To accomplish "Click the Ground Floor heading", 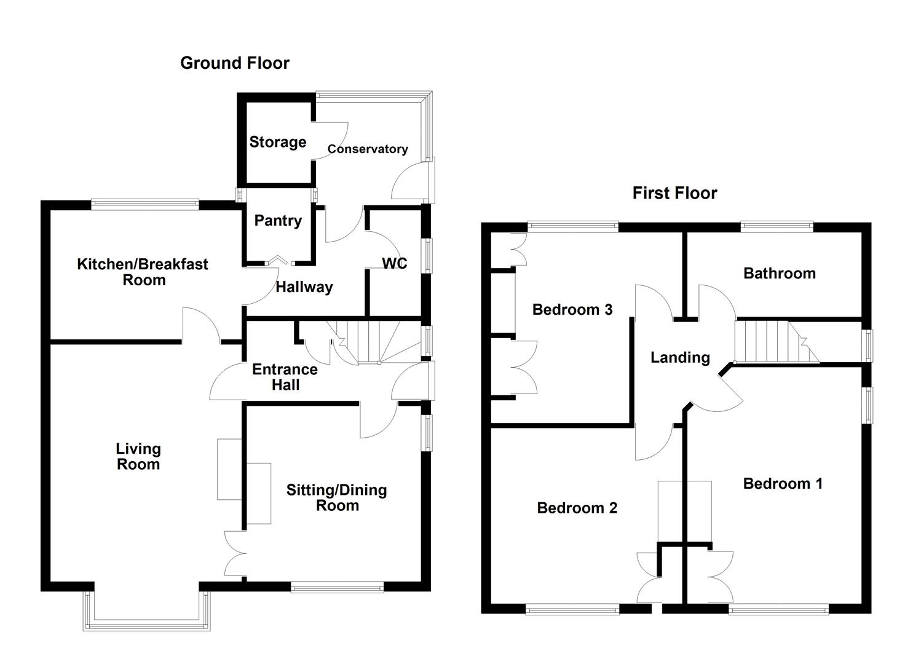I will [234, 63].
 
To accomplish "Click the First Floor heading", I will [674, 193].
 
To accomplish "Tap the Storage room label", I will [277, 142].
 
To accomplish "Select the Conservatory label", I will [367, 149].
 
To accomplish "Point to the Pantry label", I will [278, 221].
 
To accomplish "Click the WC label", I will [394, 263].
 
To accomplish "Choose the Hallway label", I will [304, 287].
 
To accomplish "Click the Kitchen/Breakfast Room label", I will [143, 272].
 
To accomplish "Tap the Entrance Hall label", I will [285, 377].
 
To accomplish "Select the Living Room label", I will [138, 456].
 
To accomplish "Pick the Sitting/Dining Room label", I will [336, 497].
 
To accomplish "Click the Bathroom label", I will [779, 273].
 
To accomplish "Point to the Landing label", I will [680, 357].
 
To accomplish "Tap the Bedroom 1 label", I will [782, 483].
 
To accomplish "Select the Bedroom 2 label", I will [577, 508].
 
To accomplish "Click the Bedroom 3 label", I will [572, 309].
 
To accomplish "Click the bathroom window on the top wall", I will [777, 227].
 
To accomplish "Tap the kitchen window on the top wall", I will [145, 204].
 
